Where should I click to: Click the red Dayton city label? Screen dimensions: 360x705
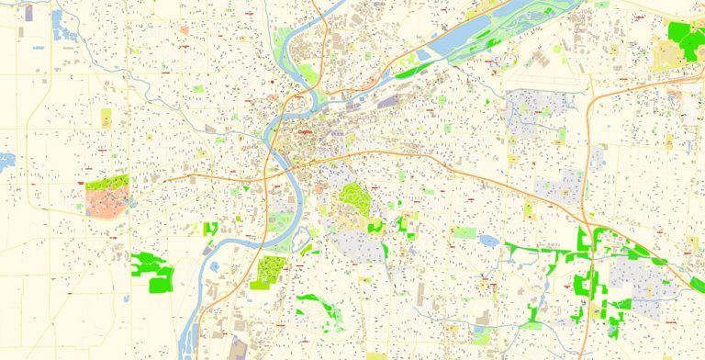(305, 131)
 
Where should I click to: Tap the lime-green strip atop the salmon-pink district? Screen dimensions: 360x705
(108, 182)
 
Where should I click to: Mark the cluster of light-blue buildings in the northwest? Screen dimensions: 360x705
(65, 28)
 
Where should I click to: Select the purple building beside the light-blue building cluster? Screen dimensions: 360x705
(28, 13)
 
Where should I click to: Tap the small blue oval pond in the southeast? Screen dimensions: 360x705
(487, 242)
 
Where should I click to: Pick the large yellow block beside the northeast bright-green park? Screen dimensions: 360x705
(666, 54)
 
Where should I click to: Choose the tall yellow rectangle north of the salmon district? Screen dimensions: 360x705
(106, 118)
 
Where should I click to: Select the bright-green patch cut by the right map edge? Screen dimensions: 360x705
(698, 286)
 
